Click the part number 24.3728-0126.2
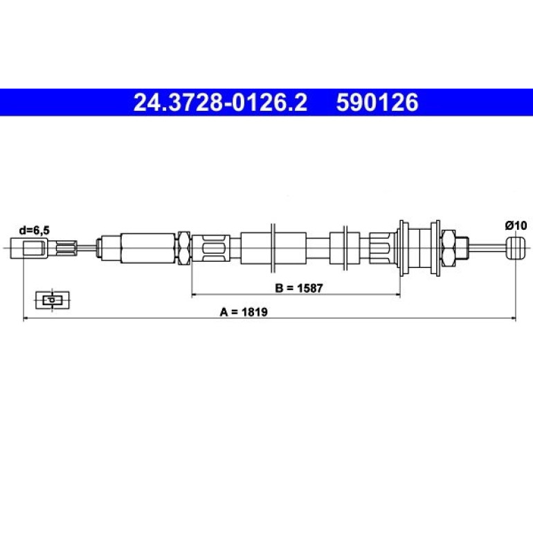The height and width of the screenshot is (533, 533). coord(220,102)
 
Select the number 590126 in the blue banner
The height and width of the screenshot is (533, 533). coord(377,102)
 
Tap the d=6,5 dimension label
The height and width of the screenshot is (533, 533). coord(35,231)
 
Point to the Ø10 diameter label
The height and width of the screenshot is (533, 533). coord(516,226)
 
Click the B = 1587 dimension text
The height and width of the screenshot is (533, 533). coord(298,288)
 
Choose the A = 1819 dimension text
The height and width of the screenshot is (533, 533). coord(244,311)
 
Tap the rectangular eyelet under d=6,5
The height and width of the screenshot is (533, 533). coord(29,248)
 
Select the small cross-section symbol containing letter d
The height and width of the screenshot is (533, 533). coord(53,300)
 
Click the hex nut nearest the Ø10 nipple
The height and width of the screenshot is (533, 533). coord(449,248)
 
